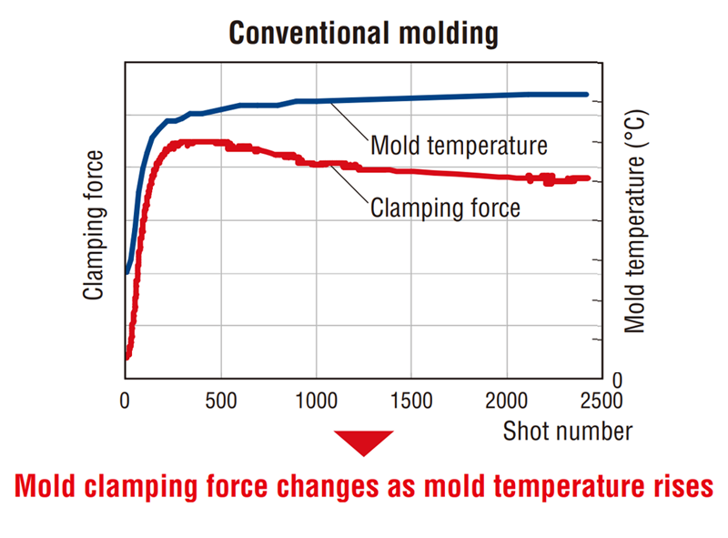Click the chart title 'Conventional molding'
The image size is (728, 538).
pyautogui.click(x=363, y=34)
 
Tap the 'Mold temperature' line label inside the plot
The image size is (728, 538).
pyautogui.click(x=459, y=146)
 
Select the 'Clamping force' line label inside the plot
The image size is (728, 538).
pyautogui.click(x=445, y=208)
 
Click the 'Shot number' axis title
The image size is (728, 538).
pyautogui.click(x=568, y=430)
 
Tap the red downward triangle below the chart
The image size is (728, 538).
pyautogui.click(x=364, y=442)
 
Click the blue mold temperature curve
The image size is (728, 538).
pyautogui.click(x=409, y=98)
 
